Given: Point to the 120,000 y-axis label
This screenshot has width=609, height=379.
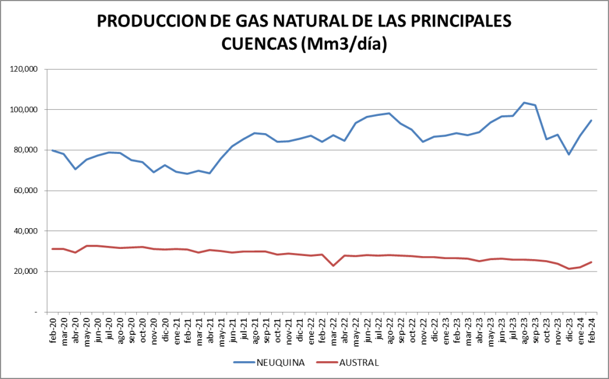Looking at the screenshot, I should click(24, 70).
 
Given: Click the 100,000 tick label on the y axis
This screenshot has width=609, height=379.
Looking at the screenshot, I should click(24, 110).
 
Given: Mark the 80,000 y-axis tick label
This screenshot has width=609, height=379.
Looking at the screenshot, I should click(26, 150).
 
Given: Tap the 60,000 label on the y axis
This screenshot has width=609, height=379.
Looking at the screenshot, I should click(26, 191).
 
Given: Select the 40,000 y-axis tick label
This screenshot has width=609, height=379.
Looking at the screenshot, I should click(26, 231).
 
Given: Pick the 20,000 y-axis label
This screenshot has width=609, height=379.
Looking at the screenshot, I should click(26, 271).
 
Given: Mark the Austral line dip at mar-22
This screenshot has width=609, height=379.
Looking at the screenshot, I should click(333, 266).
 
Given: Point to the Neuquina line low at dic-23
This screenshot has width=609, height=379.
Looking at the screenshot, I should click(569, 154).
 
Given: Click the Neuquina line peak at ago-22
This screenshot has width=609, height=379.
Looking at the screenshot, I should click(389, 113).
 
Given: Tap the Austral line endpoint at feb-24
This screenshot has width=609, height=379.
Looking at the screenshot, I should click(591, 262).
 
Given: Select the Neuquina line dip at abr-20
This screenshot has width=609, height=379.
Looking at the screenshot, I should click(75, 169).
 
